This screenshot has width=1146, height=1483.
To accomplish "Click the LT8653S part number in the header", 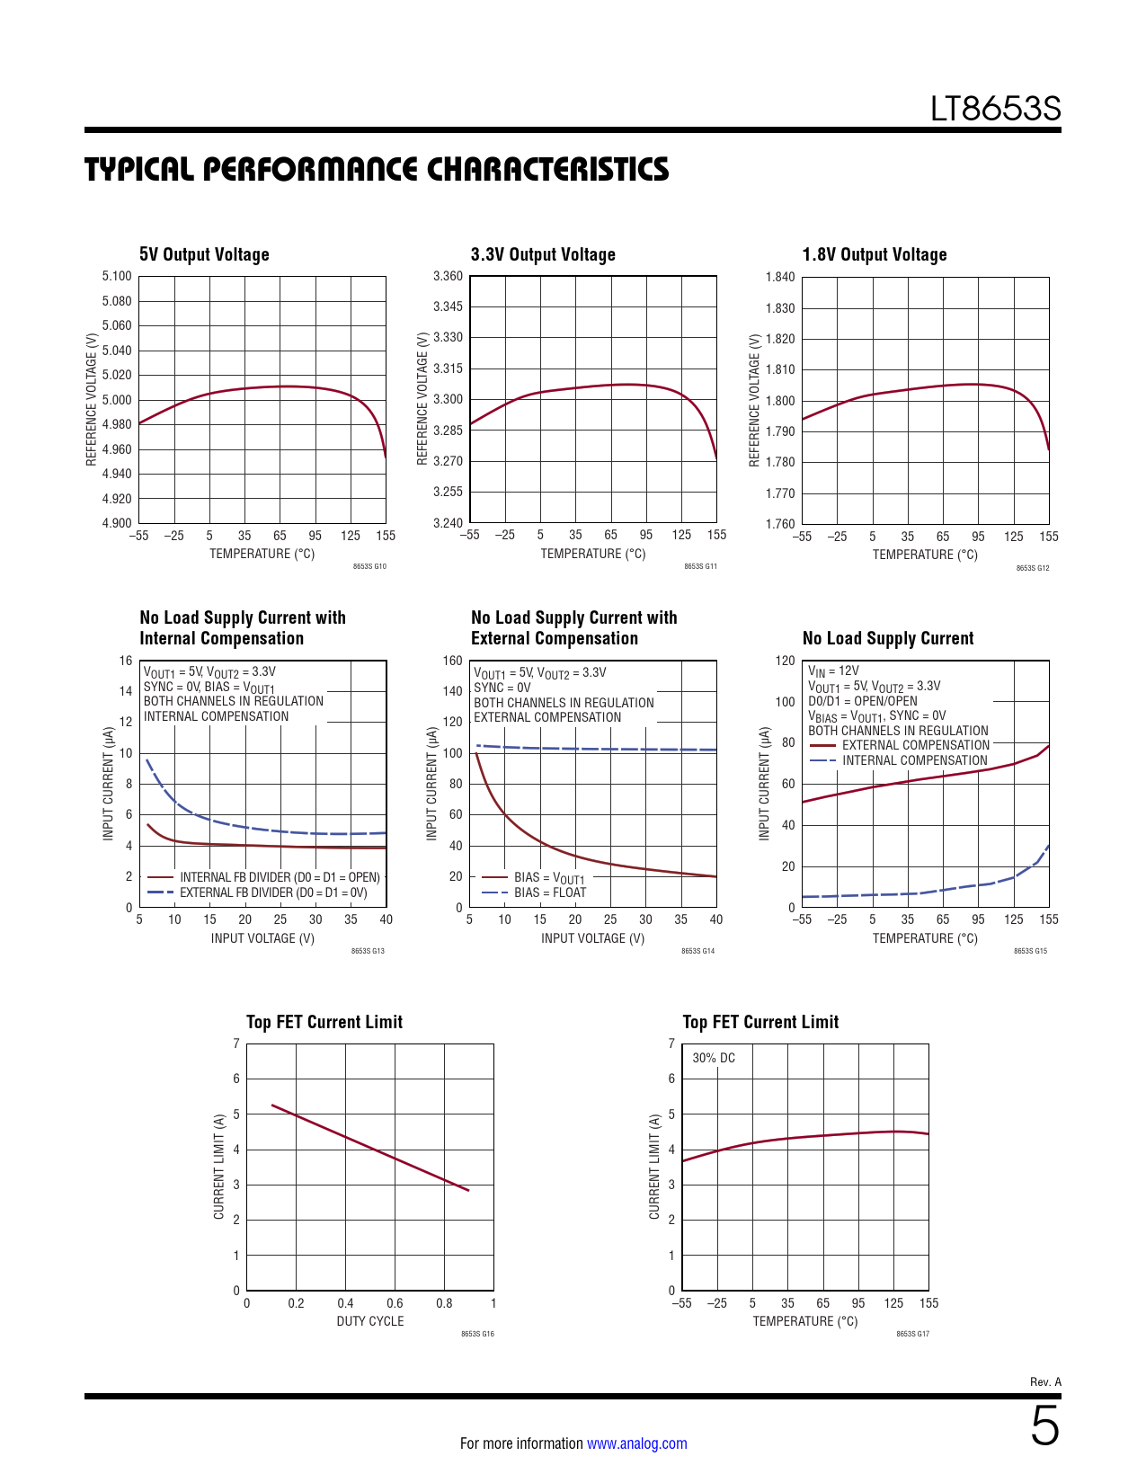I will (995, 110).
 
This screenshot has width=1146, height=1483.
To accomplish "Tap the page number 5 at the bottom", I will (1044, 1426).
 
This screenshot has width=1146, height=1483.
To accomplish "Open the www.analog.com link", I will (636, 1443).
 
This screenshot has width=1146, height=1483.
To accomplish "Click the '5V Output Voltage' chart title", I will (204, 254).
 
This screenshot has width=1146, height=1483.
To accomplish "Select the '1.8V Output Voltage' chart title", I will (875, 254).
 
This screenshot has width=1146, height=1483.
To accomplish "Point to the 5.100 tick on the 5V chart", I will (117, 277).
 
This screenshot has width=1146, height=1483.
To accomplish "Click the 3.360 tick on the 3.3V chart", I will (448, 277).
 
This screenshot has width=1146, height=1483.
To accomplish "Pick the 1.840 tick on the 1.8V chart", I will (780, 277).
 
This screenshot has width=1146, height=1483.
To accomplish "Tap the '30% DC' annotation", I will (714, 1058).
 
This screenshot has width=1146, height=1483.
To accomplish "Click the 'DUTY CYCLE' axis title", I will (370, 1321).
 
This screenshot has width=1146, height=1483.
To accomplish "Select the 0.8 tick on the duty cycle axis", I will (444, 1303).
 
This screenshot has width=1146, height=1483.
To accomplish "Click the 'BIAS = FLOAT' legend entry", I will (549, 892).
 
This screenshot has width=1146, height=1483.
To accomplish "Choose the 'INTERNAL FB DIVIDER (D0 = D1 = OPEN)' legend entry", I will (280, 877).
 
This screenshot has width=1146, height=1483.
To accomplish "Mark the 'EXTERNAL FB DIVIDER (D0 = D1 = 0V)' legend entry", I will (273, 892).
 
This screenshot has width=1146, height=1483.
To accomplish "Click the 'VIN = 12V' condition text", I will (833, 670).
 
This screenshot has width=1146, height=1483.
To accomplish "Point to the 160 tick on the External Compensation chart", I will (452, 661).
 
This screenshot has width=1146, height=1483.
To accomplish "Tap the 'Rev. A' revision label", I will (1045, 1382).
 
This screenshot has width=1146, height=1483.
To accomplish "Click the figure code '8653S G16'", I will (477, 1334).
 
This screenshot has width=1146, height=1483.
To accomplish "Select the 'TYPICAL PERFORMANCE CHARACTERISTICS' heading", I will (377, 170).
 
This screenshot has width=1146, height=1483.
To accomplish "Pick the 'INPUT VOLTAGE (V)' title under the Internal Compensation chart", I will (262, 938).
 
